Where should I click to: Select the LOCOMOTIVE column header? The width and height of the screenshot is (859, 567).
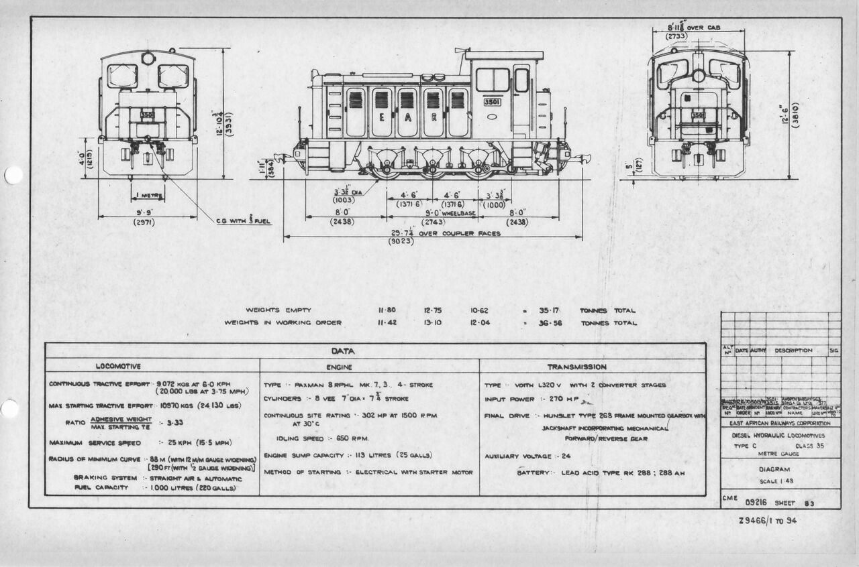coord(117,367)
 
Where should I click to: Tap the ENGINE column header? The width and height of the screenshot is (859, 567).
coord(339,367)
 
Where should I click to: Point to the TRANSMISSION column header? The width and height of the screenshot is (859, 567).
coord(576,367)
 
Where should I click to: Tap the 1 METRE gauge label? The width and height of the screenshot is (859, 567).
coord(148,196)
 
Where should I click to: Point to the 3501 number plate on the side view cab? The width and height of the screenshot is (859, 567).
coord(492,103)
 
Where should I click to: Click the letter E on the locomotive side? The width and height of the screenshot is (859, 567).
coord(382,116)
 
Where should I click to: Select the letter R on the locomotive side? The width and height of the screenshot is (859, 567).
coord(434,116)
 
